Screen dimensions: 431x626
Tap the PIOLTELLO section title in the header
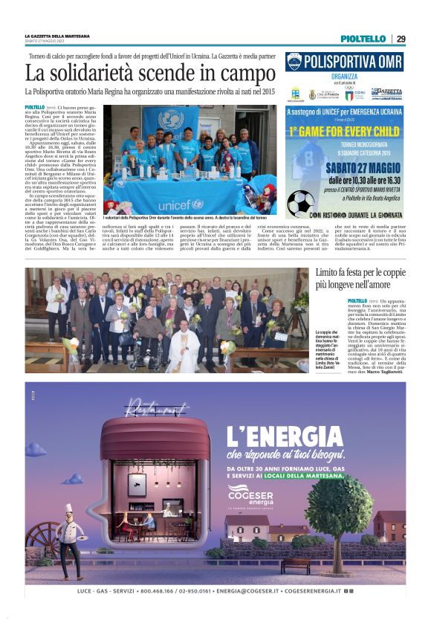click(363, 39)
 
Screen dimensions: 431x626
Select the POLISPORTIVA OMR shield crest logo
click(295, 61)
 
